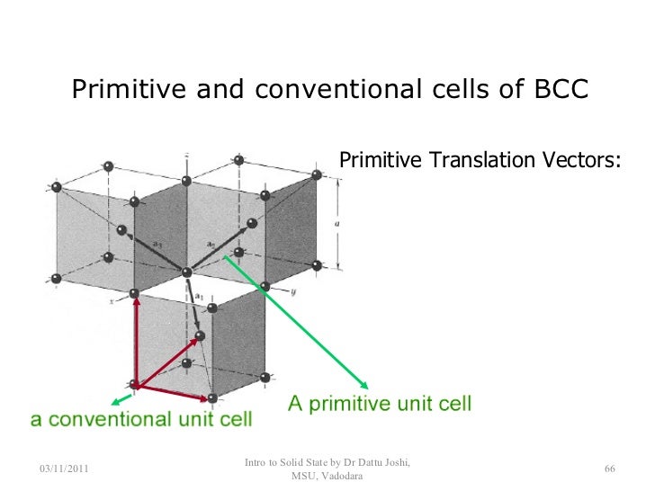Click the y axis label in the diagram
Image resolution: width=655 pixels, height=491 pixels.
(x=293, y=292)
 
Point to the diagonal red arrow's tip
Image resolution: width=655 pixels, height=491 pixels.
(x=195, y=342)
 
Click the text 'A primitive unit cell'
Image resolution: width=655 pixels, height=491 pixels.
(x=379, y=404)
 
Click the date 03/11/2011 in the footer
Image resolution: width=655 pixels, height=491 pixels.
(x=69, y=469)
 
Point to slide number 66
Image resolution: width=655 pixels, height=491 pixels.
(x=609, y=469)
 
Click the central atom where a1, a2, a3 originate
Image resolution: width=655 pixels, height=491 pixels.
(x=186, y=272)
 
